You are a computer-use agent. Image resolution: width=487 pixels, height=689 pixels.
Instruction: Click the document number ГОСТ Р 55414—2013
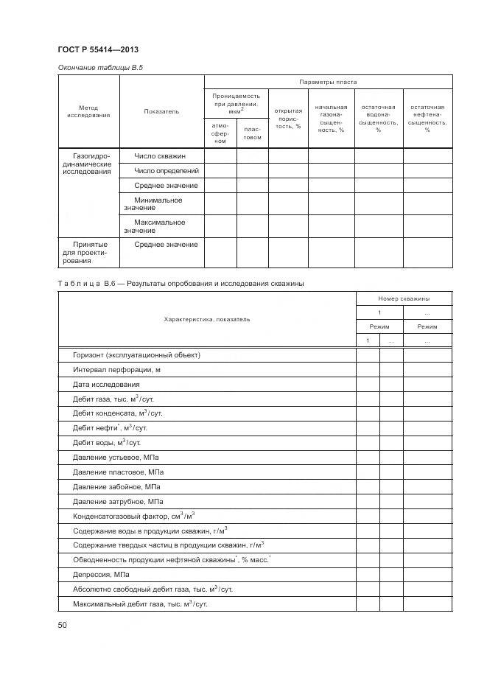[x=97, y=50]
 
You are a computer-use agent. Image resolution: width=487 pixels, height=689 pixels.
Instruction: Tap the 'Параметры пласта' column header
[x=328, y=82]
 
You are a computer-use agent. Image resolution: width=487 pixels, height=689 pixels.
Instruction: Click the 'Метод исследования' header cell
[x=88, y=111]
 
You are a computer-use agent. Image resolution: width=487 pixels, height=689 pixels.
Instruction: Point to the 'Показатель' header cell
[x=161, y=111]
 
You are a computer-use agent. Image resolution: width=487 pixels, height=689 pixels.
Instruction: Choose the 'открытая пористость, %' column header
[x=288, y=118]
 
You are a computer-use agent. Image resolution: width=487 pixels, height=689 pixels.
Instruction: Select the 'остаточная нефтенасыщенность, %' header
[x=427, y=118]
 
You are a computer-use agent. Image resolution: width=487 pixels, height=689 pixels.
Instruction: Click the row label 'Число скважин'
[x=160, y=155]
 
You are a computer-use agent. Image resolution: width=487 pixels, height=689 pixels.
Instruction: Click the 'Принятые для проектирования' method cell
[x=89, y=252]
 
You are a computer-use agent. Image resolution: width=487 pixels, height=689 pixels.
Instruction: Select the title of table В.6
[x=181, y=283]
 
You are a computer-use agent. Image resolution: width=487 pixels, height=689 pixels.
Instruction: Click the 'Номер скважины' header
[x=404, y=298]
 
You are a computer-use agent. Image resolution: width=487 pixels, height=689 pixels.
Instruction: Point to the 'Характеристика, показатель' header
[x=206, y=319]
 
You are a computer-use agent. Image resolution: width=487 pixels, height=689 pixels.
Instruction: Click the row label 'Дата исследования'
[x=106, y=384]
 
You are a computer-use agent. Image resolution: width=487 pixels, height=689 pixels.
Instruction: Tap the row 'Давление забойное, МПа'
[x=114, y=486]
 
